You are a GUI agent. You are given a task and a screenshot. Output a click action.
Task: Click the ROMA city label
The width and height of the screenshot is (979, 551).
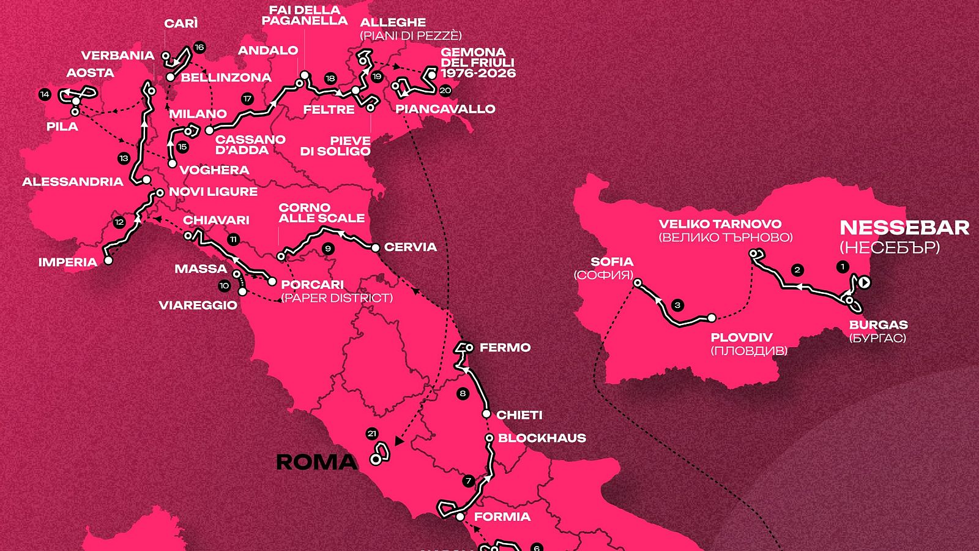coord(316,462)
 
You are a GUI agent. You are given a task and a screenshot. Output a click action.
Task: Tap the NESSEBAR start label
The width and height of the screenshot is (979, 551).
coord(904,228)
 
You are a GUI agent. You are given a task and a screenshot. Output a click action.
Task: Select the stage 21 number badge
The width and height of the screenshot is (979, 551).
coord(372,433)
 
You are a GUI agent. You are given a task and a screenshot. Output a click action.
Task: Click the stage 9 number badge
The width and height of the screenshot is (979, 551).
coord(329,249)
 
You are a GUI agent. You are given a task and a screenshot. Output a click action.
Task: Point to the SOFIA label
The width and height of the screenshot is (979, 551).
coord(612,262)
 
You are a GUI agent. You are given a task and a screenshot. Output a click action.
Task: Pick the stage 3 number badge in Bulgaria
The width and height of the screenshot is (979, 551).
coord(677,305)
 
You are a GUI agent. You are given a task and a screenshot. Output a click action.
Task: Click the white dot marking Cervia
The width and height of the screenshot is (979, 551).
coord(376,247)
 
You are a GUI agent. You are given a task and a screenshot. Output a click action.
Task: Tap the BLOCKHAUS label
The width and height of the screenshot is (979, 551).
coord(542,438)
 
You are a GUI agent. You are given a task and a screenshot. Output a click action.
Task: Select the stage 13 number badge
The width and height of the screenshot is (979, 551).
coord(124,158)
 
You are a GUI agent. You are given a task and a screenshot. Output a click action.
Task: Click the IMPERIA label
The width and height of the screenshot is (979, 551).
coord(67,262)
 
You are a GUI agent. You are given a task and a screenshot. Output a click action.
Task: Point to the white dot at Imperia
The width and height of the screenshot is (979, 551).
coord(108,260)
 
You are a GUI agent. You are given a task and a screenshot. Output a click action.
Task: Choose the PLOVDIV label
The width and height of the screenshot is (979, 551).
coord(741,337)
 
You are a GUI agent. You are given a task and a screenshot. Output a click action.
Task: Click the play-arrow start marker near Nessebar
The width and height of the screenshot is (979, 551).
coord(864,282)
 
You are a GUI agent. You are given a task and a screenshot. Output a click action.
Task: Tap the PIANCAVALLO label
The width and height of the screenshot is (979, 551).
coord(445,109)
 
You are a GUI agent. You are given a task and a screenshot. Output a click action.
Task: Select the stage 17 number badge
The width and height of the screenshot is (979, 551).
coord(247,99)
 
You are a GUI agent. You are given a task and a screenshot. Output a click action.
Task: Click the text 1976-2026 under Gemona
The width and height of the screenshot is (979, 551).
coord(478,73)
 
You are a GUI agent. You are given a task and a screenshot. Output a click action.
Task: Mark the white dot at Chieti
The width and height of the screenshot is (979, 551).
coord(486,414)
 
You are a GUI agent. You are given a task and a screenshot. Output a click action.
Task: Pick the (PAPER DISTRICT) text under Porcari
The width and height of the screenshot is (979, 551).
coord(337,298)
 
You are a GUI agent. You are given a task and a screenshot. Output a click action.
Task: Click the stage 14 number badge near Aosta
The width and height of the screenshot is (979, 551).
coord(44,94)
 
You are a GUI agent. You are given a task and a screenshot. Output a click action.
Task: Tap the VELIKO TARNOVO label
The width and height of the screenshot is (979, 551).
coord(720,224)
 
